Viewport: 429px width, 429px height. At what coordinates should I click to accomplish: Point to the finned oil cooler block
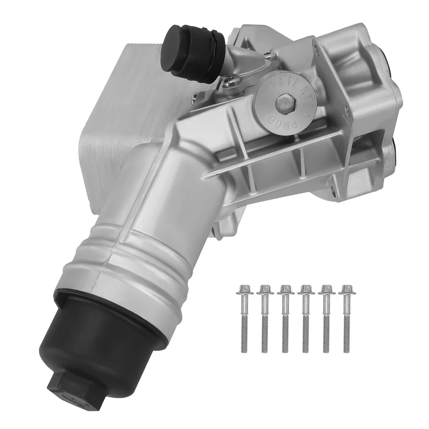tap(121, 112)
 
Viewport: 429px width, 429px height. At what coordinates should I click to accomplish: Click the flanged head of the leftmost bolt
tap(245, 290)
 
